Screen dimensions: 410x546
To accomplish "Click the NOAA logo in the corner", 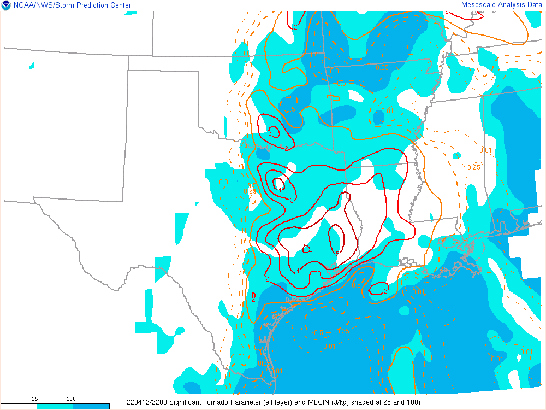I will (5, 5).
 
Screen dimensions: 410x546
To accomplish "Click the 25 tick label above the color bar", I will (35, 399).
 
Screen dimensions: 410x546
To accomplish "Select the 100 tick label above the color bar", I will (71, 399).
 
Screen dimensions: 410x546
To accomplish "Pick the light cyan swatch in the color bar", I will (55, 407).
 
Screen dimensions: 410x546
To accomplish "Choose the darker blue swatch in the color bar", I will (91, 407).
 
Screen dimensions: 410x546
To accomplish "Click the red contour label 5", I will (337, 254).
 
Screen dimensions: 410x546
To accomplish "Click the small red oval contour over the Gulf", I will (378, 289).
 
